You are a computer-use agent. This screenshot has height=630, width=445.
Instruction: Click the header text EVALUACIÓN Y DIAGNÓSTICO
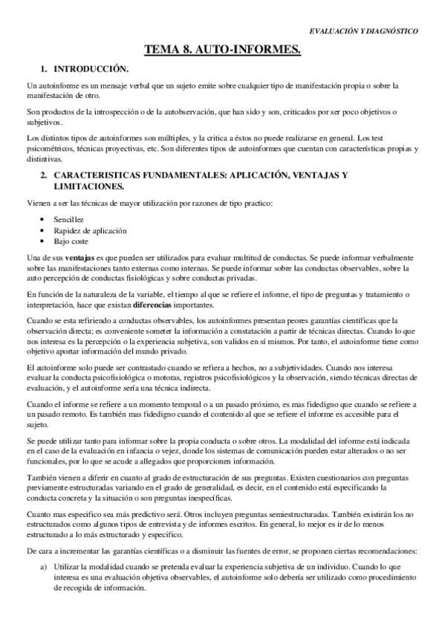coord(363,32)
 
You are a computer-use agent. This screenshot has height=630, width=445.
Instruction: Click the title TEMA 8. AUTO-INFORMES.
coord(222,50)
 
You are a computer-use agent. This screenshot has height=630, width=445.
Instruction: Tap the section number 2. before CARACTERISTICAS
coord(45,175)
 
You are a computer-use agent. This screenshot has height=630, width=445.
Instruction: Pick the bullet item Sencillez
coord(69,221)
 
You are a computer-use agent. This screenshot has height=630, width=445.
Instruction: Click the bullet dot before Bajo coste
coord(46,241)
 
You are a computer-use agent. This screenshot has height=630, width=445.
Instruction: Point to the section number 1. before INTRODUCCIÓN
coord(45,68)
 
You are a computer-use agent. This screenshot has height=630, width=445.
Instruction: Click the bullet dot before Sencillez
coord(46,221)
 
